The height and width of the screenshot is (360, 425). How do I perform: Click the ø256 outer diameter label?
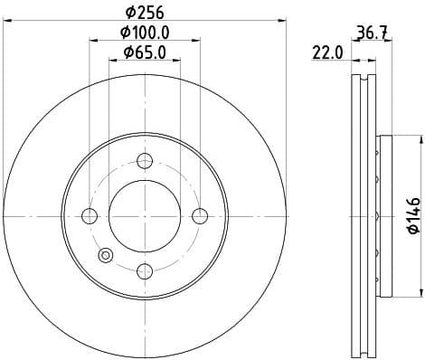pos(144,12)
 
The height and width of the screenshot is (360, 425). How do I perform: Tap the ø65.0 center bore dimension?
pos(145,53)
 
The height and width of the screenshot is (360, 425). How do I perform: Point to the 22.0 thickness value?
pos(326,53)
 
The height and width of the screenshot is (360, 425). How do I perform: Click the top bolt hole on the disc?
pos(145,161)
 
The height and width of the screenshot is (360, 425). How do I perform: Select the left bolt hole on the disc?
pos(90,215)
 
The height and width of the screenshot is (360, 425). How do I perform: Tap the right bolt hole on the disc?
pos(200,215)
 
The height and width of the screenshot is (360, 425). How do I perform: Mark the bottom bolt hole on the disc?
pos(145,270)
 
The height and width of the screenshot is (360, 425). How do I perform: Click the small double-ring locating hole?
pos(106,255)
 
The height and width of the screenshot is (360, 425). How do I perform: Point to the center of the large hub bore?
pos(145,215)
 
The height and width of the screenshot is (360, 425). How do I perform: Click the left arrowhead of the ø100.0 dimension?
pos(92,42)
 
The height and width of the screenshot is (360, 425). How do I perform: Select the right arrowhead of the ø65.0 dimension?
pos(177,62)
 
